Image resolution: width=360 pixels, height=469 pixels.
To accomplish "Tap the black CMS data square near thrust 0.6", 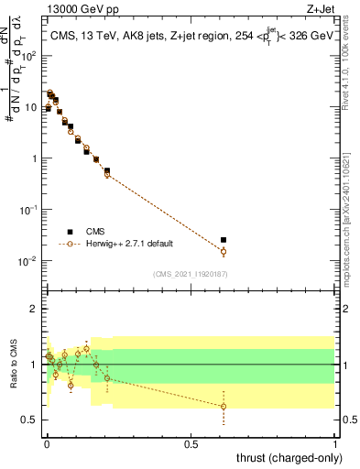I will tap(224, 240).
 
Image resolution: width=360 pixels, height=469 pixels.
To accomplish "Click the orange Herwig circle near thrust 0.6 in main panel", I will tap(224, 252).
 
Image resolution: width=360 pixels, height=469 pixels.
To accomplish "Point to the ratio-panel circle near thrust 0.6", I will tap(224, 407).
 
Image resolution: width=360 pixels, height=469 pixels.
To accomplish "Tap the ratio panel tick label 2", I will tap(33, 309).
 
